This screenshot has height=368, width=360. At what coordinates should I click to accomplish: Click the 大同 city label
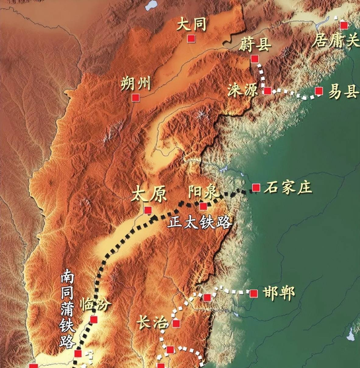point(192,24)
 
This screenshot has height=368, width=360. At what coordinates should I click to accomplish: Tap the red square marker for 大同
point(191,38)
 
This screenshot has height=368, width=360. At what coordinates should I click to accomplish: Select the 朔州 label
point(136,84)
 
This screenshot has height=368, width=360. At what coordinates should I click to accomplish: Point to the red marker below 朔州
point(136,98)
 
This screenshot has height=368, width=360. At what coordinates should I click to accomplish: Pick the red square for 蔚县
point(255,58)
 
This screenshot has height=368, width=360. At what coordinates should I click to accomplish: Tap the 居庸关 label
point(336,40)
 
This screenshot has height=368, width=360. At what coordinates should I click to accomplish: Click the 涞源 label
point(244,90)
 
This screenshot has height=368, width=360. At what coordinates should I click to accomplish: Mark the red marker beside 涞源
point(268,90)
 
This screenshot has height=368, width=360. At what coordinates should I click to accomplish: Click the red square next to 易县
point(319,90)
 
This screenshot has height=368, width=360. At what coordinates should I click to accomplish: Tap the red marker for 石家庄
point(256,187)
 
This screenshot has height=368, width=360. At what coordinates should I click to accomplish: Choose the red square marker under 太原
point(148,210)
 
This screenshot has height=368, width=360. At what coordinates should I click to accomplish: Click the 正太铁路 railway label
point(200,222)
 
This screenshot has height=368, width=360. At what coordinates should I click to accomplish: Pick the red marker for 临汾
point(93,320)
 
